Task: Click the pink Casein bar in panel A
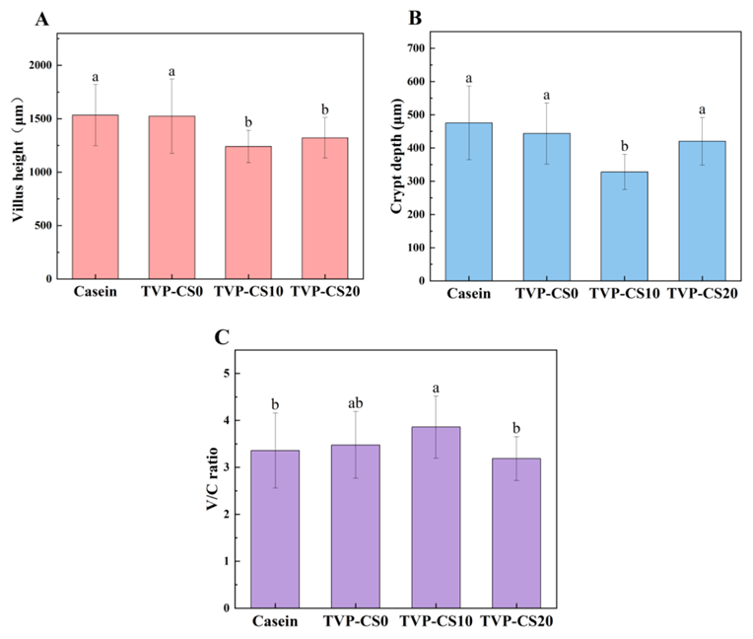coord(95,197)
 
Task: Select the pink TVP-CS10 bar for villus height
coord(250,212)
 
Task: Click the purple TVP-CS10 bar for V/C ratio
coord(436,517)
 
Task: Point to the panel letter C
coord(223,338)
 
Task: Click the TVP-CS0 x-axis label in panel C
coord(356,621)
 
